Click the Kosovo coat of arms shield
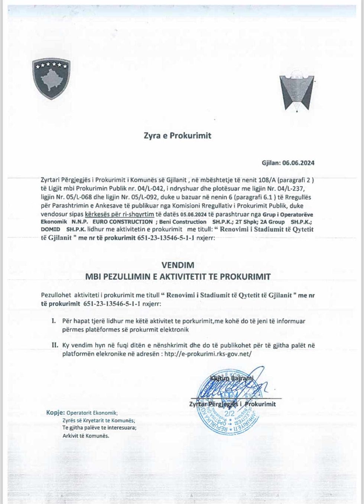(51, 78)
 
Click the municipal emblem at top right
(296, 92)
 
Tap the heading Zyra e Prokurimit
(178, 136)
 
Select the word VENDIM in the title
(178, 265)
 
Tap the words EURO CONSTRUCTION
(125, 222)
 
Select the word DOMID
(51, 229)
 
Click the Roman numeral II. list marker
(55, 345)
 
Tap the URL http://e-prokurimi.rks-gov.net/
(208, 354)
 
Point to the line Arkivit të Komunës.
(86, 436)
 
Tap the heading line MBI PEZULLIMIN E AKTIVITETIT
(178, 277)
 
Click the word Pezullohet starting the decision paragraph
(56, 295)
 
